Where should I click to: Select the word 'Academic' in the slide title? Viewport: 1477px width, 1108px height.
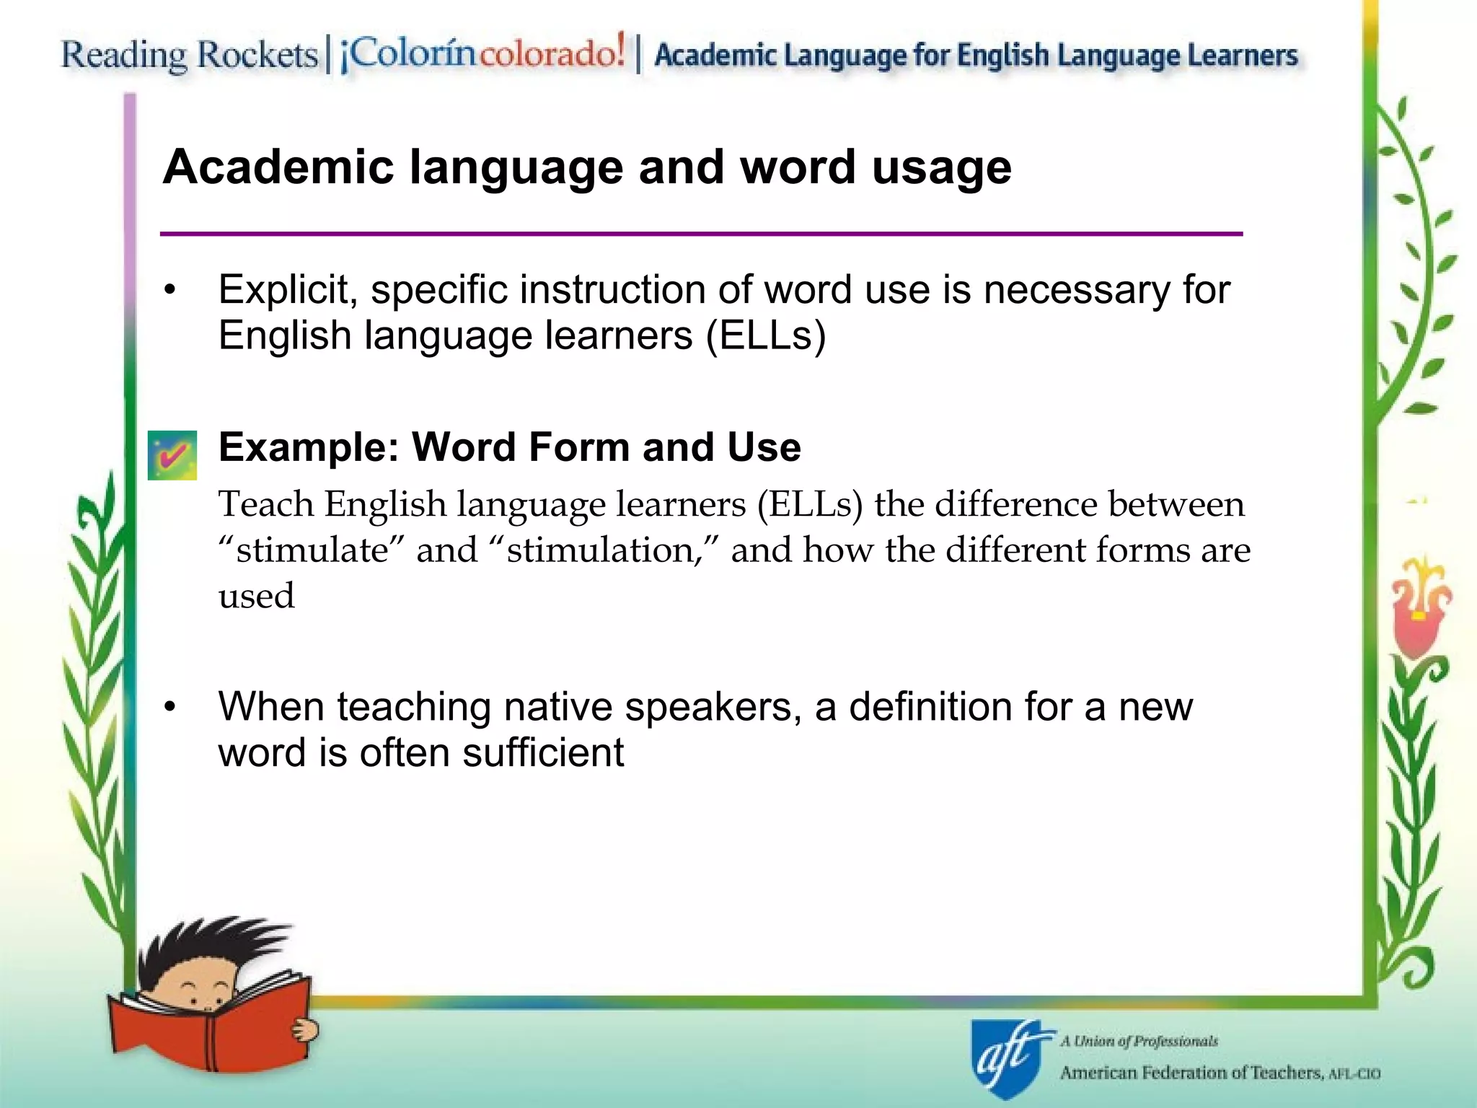point(278,167)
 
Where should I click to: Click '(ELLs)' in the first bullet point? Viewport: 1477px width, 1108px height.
point(765,336)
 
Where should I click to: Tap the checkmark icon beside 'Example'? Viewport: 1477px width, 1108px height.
point(172,455)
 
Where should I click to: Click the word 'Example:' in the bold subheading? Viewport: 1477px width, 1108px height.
point(309,447)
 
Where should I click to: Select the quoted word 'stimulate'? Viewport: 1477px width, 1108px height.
point(312,550)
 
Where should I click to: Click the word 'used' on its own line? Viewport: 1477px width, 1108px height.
point(257,597)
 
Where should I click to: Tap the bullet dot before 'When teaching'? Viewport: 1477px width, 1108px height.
point(169,708)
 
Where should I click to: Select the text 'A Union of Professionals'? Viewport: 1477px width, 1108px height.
point(1139,1041)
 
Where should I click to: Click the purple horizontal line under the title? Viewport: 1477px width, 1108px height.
point(701,234)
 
